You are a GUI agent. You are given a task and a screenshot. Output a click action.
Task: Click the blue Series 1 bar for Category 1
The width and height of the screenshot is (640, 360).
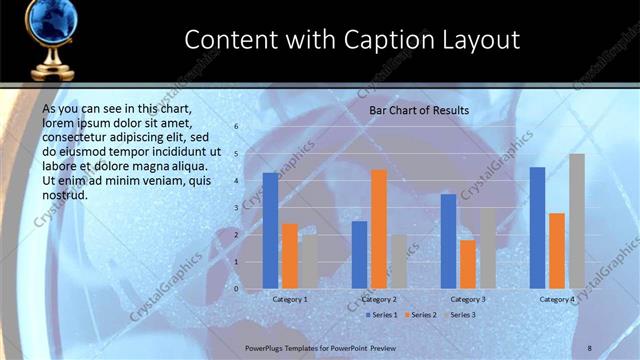tap(270, 231)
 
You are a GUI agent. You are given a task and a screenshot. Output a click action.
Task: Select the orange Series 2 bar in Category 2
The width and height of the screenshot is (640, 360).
tap(379, 229)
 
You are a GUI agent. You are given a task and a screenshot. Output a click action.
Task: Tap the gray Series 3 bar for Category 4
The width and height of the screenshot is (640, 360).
tap(577, 221)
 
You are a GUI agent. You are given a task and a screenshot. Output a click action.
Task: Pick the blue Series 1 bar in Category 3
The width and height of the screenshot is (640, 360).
tap(449, 241)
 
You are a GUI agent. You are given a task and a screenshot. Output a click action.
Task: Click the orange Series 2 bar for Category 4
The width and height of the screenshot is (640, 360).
tap(557, 251)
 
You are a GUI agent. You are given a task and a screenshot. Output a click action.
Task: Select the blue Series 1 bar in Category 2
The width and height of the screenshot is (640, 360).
tap(359, 255)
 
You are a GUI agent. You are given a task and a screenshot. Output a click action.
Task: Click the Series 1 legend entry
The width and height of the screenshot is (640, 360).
tap(382, 315)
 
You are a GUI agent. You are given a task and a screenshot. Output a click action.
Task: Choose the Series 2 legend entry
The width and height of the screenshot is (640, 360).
tap(421, 315)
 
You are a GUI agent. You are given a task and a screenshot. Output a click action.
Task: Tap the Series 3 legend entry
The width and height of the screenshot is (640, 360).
tap(460, 315)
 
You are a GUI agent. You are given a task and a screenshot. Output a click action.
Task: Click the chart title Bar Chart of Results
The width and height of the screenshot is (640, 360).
tap(419, 109)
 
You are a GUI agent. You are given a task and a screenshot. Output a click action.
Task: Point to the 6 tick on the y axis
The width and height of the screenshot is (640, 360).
tap(237, 127)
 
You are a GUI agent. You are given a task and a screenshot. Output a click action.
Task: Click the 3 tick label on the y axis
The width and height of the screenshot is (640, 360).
tap(237, 208)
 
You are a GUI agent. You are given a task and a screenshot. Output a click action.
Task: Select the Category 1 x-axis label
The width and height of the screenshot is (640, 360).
tap(290, 299)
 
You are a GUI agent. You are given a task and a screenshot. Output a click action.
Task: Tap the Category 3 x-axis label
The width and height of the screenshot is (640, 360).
tap(468, 299)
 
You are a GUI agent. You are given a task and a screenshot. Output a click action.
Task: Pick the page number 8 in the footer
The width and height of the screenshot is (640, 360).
tap(590, 347)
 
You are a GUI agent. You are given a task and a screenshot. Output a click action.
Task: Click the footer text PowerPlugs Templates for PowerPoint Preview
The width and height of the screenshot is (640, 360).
tap(321, 347)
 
